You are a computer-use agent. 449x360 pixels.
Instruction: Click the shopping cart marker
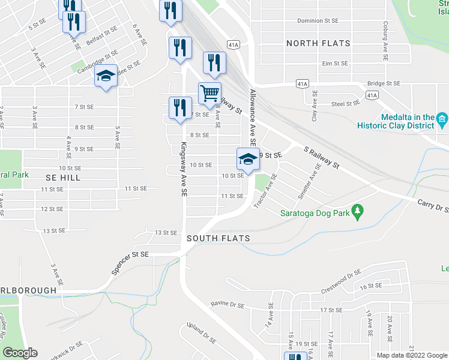point(209,94)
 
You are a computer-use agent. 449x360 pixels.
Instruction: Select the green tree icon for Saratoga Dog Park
point(358,211)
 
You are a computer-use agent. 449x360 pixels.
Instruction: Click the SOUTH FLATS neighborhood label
point(218,238)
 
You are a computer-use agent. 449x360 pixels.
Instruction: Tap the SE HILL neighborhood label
point(62,178)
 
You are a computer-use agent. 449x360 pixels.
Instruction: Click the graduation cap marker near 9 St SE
point(248,159)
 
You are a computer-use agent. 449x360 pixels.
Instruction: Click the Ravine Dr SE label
point(228,304)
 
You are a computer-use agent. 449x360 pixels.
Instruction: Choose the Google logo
point(20,353)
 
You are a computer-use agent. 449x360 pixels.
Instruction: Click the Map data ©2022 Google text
point(411,355)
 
